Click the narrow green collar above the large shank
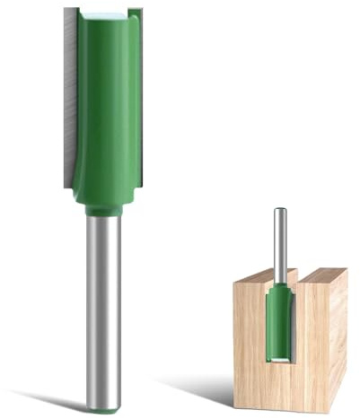[x=103, y=210]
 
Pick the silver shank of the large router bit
[x=103, y=305]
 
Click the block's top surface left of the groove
[x=255, y=275]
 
